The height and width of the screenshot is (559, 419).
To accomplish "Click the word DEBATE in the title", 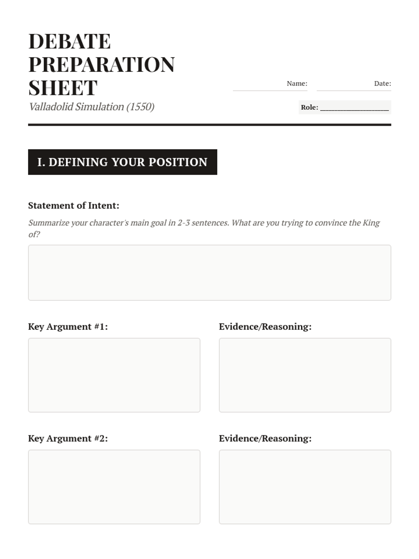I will (69, 41).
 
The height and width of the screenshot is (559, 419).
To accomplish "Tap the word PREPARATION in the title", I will (101, 65).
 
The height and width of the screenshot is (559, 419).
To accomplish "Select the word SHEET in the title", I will (63, 88).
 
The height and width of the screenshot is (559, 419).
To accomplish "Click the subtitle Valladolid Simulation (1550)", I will (91, 107).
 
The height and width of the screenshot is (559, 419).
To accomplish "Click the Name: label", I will (297, 84).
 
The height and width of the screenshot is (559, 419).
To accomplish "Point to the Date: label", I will (382, 84).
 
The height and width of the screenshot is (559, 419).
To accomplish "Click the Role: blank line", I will (354, 108).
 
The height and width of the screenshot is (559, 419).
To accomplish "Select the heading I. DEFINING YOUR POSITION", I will (122, 162).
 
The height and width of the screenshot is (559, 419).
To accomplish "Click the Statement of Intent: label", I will (74, 205).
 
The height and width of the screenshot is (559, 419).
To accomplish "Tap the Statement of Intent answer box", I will (209, 273).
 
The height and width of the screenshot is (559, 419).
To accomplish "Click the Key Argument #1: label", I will (68, 327).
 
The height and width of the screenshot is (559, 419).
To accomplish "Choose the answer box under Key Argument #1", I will (114, 375).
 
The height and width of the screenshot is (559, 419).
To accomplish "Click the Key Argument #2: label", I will (68, 438).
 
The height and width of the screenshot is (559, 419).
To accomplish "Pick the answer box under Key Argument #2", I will (114, 487).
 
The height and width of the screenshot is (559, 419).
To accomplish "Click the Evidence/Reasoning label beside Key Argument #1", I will (265, 327).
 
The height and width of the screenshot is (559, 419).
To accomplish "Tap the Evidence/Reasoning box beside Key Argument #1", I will (305, 375).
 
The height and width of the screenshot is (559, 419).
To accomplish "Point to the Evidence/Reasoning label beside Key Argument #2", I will (265, 438).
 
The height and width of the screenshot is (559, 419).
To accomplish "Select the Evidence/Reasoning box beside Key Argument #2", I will (305, 487).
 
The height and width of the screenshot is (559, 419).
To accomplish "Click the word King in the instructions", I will (371, 223).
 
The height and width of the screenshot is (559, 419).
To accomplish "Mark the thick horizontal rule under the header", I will (209, 124).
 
